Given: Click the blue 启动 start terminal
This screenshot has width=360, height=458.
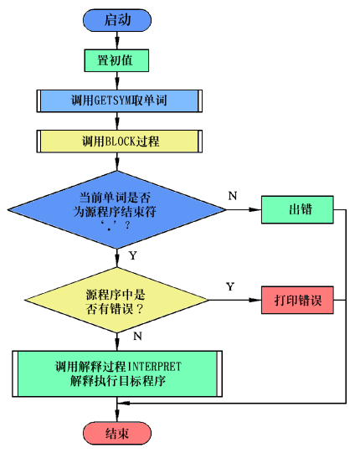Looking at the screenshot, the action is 117,20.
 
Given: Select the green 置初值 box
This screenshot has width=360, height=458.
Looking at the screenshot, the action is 116,60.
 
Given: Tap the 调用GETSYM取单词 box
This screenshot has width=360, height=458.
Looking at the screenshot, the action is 120,100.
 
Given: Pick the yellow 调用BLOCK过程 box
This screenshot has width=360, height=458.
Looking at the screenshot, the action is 120,142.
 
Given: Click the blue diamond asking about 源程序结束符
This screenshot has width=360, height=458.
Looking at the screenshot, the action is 116,209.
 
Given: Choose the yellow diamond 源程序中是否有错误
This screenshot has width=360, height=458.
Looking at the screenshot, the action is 116,300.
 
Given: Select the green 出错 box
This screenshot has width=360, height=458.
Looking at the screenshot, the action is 297,209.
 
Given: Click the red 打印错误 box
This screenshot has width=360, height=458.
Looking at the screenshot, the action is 297,300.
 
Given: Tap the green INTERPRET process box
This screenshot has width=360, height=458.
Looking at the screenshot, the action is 117,373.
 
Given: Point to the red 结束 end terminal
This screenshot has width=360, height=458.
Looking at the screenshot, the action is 117,433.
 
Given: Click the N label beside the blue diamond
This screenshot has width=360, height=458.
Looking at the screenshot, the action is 233,196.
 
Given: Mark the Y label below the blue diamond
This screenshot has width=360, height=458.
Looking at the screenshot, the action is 133,255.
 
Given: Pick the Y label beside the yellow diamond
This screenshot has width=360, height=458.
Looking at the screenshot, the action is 230,286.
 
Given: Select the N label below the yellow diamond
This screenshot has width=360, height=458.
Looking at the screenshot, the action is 137,337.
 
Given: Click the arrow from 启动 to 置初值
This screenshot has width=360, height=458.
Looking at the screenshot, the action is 117,40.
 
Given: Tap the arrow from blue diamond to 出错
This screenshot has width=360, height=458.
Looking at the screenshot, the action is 244,209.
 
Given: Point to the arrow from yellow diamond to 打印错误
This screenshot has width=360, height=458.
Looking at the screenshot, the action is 235,300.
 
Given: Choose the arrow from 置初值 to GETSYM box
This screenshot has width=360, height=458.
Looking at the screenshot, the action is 117,80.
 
